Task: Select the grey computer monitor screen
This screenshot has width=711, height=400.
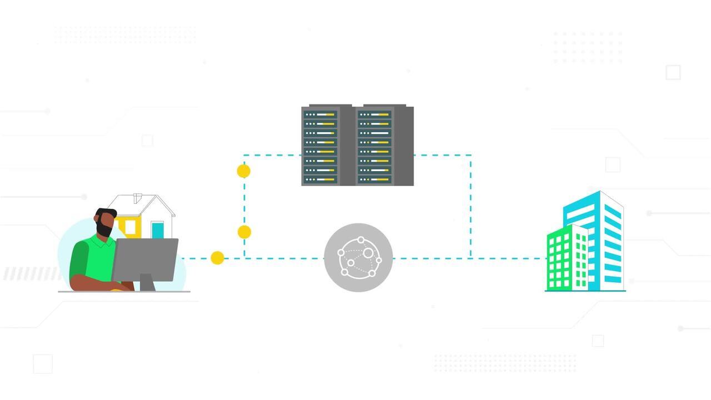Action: click(x=145, y=259)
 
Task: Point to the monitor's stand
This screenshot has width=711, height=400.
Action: click(x=147, y=282)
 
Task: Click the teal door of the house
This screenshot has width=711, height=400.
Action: click(x=158, y=230)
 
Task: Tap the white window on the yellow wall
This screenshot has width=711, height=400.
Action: click(x=130, y=227)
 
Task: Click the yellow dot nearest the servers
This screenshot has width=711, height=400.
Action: click(x=243, y=171)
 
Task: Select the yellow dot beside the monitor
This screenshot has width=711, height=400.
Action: click(x=218, y=258)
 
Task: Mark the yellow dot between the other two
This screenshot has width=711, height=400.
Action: click(x=244, y=232)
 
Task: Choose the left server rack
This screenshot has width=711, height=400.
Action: click(x=321, y=146)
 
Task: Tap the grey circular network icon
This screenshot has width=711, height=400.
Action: click(x=358, y=257)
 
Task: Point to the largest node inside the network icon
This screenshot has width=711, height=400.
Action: click(x=368, y=253)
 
